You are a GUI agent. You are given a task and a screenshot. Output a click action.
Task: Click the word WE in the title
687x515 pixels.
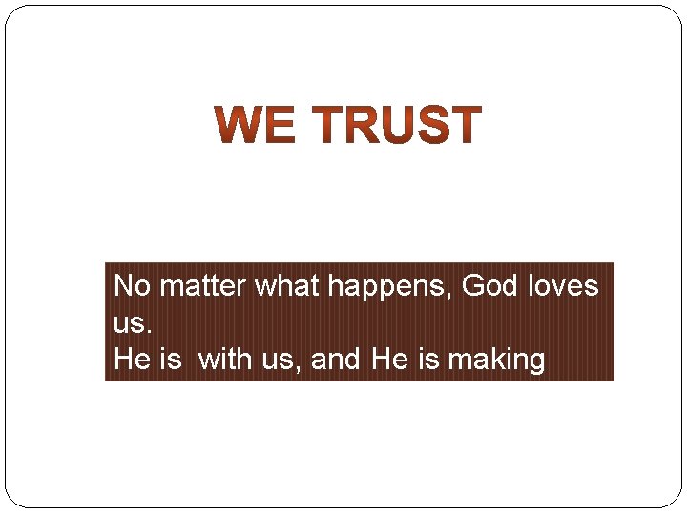tap(255, 126)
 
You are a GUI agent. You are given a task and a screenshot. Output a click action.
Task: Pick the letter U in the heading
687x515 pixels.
tap(395, 126)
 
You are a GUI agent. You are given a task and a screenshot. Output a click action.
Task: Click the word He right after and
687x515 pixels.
tap(387, 360)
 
